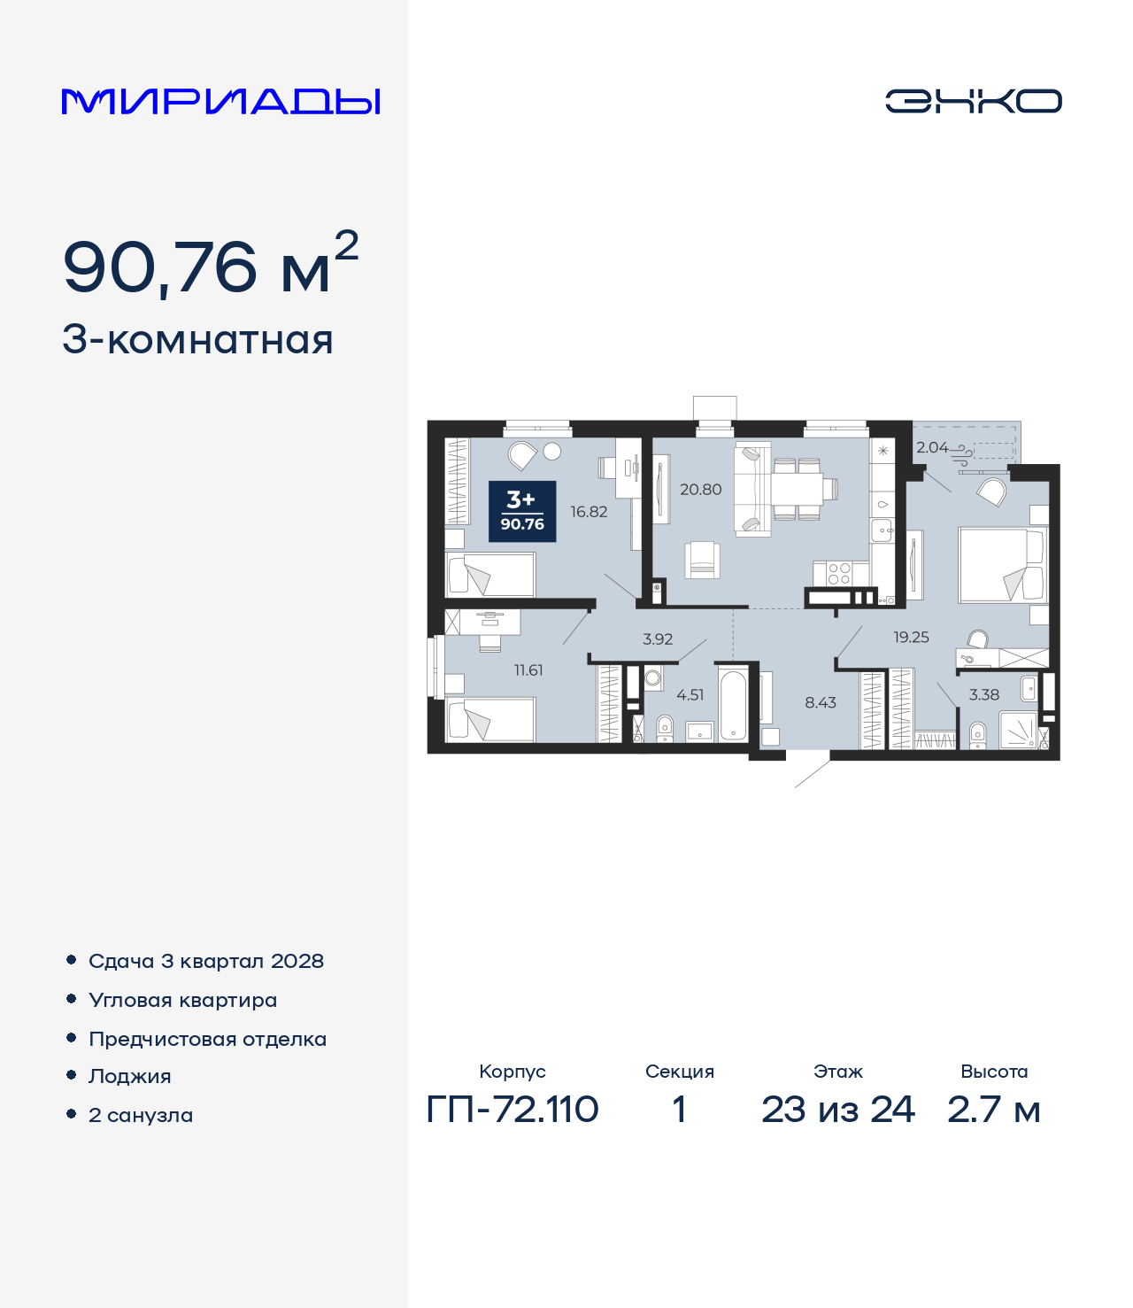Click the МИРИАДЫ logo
coord(221,102)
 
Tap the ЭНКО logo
coord(973,101)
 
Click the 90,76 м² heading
coord(211,265)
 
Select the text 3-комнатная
coord(197,340)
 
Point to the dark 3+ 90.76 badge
coord(522,511)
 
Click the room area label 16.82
coord(589,512)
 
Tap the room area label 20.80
coord(700,489)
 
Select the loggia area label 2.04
coord(931,448)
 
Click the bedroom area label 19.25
coord(911,637)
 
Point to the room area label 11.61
coord(528,670)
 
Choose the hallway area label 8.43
coord(821,702)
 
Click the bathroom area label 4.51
coord(690,695)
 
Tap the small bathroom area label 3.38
coord(983,695)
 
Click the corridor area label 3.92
coord(658,639)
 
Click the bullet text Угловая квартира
coord(183,1000)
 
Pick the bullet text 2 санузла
coord(141,1115)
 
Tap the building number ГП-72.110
coord(513,1109)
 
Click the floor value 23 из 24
coord(837,1109)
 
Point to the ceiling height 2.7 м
coord(993,1109)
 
